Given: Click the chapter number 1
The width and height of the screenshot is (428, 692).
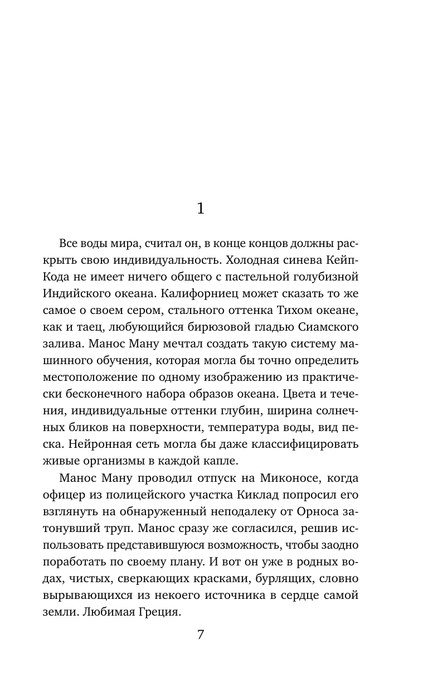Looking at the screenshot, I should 201,209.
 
